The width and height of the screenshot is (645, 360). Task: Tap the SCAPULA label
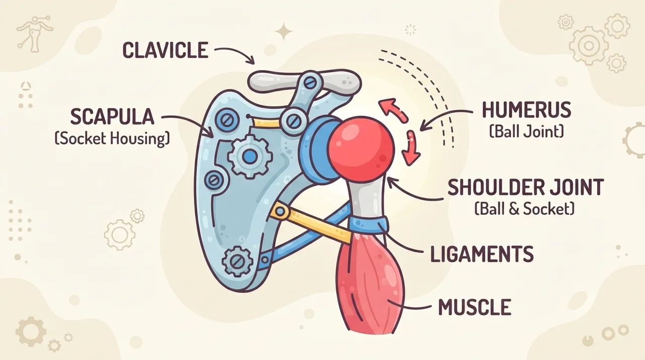112,116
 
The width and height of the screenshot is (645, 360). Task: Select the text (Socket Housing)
112,139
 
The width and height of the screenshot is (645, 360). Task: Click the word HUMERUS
527,110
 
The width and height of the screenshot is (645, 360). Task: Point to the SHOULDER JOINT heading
526,187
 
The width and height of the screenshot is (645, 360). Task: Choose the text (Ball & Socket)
524,209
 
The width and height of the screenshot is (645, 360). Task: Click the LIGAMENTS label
482,254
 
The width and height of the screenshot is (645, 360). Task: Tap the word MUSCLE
475,307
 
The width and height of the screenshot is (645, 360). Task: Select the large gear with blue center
249,156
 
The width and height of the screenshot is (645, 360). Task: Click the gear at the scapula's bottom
238,262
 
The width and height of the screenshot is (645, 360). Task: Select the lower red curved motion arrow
412,148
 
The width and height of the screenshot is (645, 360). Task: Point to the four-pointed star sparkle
284,31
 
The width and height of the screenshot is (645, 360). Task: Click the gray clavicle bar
305,80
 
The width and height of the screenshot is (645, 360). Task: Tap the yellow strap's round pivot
280,212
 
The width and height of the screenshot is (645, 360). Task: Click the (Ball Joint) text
527,132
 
